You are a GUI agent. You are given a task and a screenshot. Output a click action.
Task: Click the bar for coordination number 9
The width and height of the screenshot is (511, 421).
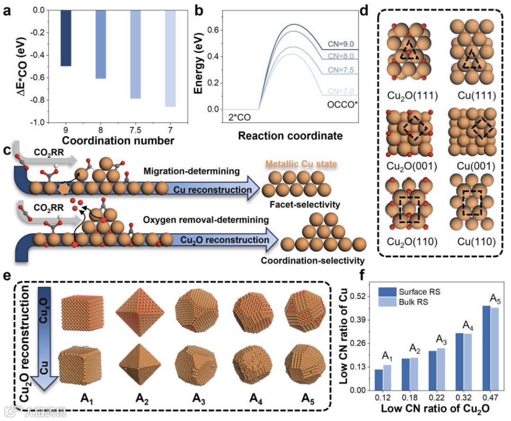[66, 38]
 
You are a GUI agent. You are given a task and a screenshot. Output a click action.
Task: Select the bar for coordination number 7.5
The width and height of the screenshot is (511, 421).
[135, 54]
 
